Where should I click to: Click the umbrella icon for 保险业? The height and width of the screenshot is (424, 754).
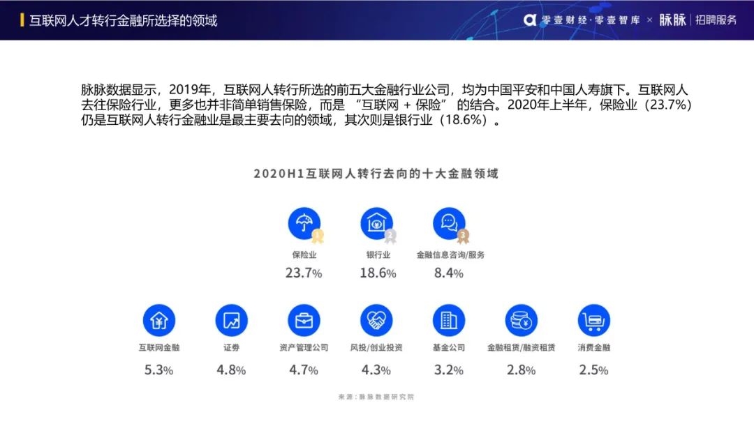coord(304,224)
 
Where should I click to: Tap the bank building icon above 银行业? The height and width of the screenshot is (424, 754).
coord(377,224)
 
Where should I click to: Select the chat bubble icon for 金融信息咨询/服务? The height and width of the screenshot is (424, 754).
coord(449,224)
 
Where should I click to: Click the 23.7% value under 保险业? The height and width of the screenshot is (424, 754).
coord(304,273)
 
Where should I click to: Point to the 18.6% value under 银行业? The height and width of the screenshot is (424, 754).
coord(378,273)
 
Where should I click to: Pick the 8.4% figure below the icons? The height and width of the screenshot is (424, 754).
coord(449,273)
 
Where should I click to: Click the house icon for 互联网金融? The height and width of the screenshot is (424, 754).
coord(159,321)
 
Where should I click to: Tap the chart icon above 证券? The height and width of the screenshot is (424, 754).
coord(231,321)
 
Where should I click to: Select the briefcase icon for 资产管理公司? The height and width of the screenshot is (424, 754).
coord(304,321)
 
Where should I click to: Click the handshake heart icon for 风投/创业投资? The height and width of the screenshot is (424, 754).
coord(377,321)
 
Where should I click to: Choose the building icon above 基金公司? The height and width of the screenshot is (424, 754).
coord(449,321)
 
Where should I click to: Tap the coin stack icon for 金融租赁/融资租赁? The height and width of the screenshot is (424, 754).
coord(522,321)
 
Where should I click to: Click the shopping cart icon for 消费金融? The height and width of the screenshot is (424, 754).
coord(593,321)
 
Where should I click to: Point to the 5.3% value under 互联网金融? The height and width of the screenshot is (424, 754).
coord(158,370)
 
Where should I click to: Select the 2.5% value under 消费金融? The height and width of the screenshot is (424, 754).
coord(593,370)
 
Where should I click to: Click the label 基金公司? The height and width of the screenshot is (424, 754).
coord(449,347)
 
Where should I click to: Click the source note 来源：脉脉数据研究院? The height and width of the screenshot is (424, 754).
coord(376,397)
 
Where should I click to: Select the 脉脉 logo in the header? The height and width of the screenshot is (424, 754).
coord(672,20)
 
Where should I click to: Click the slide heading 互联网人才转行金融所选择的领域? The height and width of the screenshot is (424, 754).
coord(123,20)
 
